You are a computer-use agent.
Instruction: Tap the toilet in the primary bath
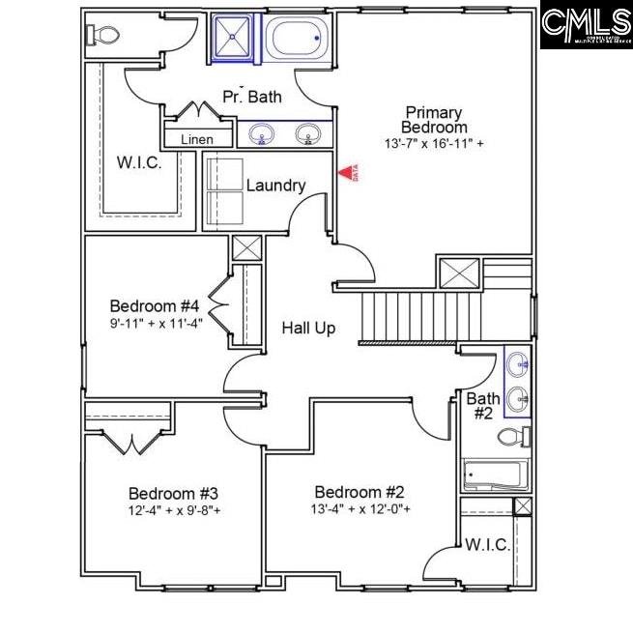pyautogui.click(x=101, y=36)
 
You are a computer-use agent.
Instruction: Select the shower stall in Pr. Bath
pyautogui.click(x=232, y=39)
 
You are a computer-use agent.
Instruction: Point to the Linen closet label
pyautogui.click(x=197, y=139)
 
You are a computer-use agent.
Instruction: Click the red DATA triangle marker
pyautogui.click(x=345, y=172)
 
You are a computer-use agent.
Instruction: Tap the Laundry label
pyautogui.click(x=275, y=186)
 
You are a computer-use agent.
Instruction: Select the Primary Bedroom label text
pyautogui.click(x=434, y=120)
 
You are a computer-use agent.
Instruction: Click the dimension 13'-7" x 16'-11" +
pyautogui.click(x=434, y=143)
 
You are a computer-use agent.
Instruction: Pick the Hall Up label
pyautogui.click(x=309, y=329)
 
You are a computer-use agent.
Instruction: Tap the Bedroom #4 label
pyautogui.click(x=155, y=306)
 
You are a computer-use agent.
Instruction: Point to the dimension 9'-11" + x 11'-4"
pyautogui.click(x=155, y=324)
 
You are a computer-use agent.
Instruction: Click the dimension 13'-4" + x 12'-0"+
pyautogui.click(x=360, y=508)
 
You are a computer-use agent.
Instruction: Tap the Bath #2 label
pyautogui.click(x=482, y=406)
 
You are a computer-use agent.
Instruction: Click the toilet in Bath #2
pyautogui.click(x=513, y=437)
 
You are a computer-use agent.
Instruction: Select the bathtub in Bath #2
pyautogui.click(x=496, y=475)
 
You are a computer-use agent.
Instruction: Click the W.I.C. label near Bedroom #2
pyautogui.click(x=487, y=545)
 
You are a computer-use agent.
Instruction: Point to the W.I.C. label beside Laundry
pyautogui.click(x=139, y=161)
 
